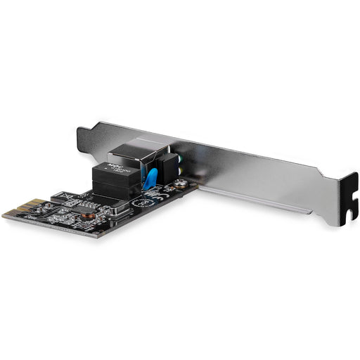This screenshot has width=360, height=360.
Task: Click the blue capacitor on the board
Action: (x=148, y=178)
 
